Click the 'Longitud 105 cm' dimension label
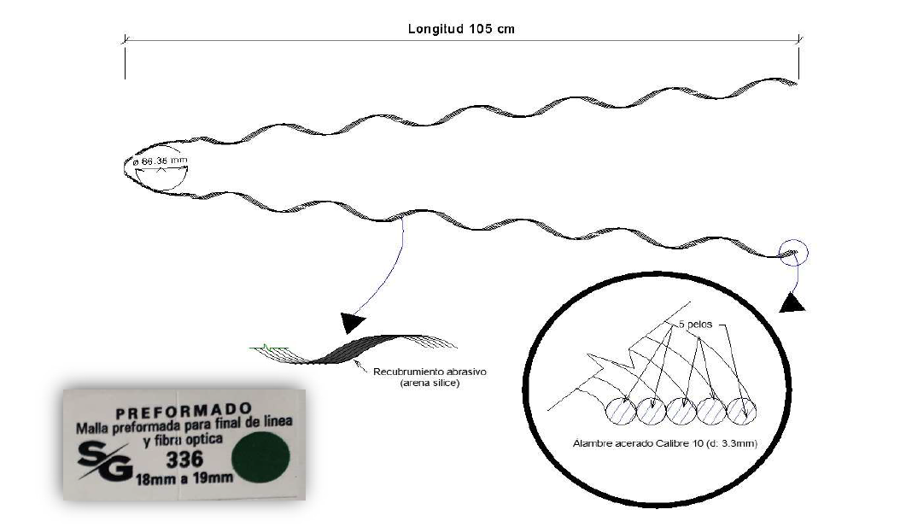461,29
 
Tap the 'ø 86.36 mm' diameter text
160,161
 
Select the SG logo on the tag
105,460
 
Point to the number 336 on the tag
185,460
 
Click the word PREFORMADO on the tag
184,412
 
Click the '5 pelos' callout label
696,325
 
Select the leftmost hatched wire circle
621,411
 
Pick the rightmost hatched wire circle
740,411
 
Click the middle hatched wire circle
681,411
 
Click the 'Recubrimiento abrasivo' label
430,372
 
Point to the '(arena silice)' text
430,383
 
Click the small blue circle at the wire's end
794,253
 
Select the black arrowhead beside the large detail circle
792,303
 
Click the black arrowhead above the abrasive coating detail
352,323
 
